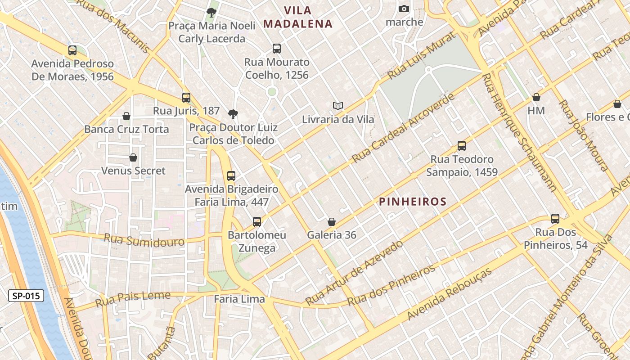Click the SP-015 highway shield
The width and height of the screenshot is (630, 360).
click(26, 296)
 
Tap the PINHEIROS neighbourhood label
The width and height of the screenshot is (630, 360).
click(413, 202)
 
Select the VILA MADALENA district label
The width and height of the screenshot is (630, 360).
click(298, 17)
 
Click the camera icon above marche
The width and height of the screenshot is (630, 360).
click(404, 9)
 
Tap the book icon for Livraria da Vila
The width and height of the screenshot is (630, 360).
click(338, 106)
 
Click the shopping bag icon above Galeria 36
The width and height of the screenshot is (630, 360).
click(332, 222)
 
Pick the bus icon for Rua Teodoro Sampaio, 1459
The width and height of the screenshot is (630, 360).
click(462, 146)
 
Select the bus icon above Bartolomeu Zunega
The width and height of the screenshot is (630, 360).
click(257, 221)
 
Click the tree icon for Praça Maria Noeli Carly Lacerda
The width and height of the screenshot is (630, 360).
click(211, 12)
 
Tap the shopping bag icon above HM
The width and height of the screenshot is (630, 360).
click(536, 97)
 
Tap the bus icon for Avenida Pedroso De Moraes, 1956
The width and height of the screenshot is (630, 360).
click(72, 50)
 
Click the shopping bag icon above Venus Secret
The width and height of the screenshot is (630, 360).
click(133, 157)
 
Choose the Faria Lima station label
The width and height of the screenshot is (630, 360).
click(239, 299)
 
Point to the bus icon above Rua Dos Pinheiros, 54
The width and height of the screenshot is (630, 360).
click(555, 219)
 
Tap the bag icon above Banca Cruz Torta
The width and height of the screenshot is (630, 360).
click(126, 116)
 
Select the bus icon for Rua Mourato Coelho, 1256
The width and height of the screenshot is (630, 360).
click(277, 49)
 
